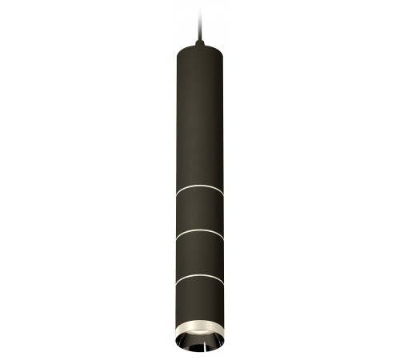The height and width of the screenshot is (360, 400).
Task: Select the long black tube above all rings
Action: click(198, 120)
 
